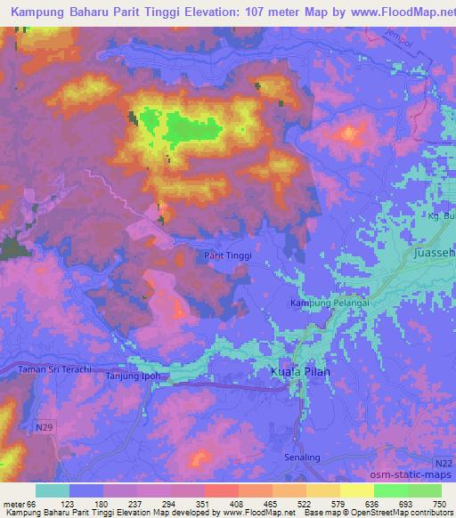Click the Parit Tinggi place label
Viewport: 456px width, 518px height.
[227, 255]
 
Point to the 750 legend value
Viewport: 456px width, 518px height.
[440, 503]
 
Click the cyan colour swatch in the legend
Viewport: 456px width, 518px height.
[53, 490]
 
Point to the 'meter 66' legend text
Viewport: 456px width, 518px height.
[19, 503]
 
